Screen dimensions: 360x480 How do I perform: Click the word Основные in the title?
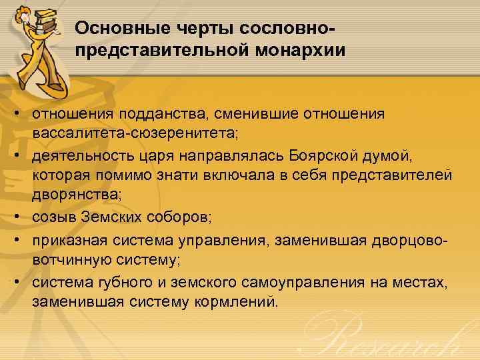(113, 29)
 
